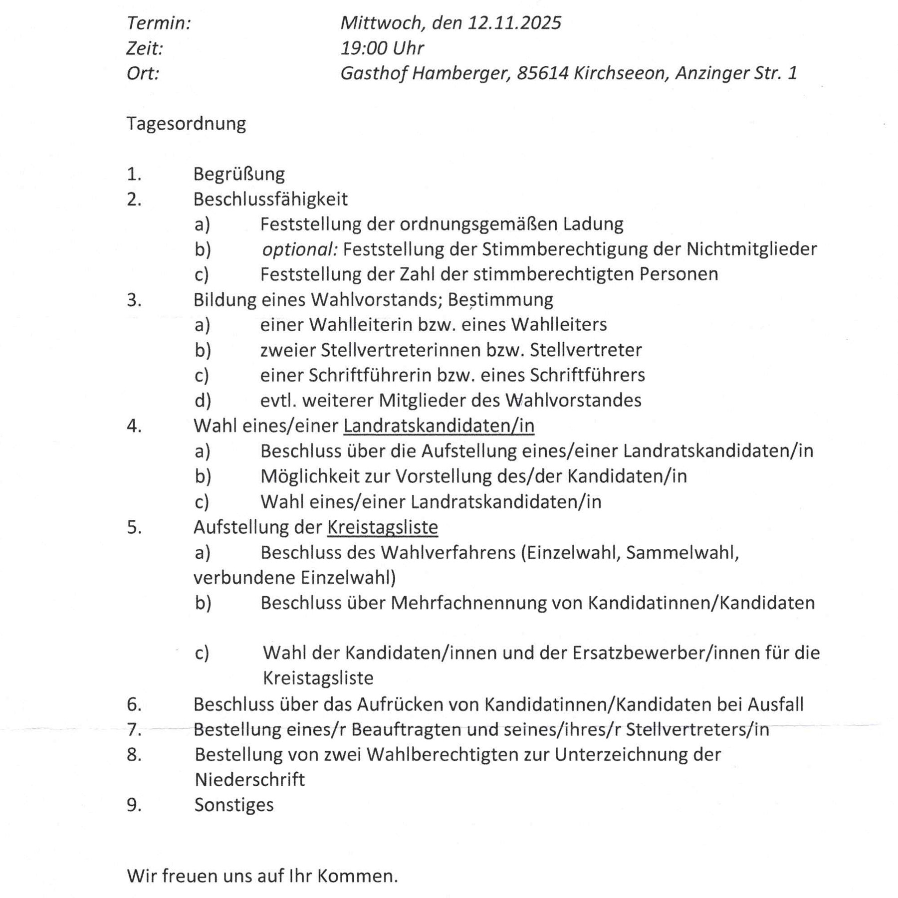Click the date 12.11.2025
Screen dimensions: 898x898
pyautogui.click(x=514, y=23)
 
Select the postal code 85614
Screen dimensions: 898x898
pyautogui.click(x=543, y=73)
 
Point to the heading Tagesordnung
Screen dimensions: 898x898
pyautogui.click(x=186, y=124)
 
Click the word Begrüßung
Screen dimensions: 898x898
pyautogui.click(x=239, y=174)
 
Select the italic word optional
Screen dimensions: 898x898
pyautogui.click(x=299, y=249)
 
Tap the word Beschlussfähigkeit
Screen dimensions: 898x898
pyautogui.click(x=270, y=199)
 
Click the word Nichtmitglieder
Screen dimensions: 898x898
pyautogui.click(x=751, y=249)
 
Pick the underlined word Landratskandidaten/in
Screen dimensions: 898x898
pyautogui.click(x=439, y=426)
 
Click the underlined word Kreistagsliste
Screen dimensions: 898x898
pyautogui.click(x=382, y=527)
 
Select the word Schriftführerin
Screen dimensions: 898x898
pyautogui.click(x=370, y=375)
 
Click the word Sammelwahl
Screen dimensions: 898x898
pyautogui.click(x=682, y=553)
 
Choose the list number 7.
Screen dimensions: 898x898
pyautogui.click(x=134, y=730)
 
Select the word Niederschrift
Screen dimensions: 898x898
pyautogui.click(x=249, y=780)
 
